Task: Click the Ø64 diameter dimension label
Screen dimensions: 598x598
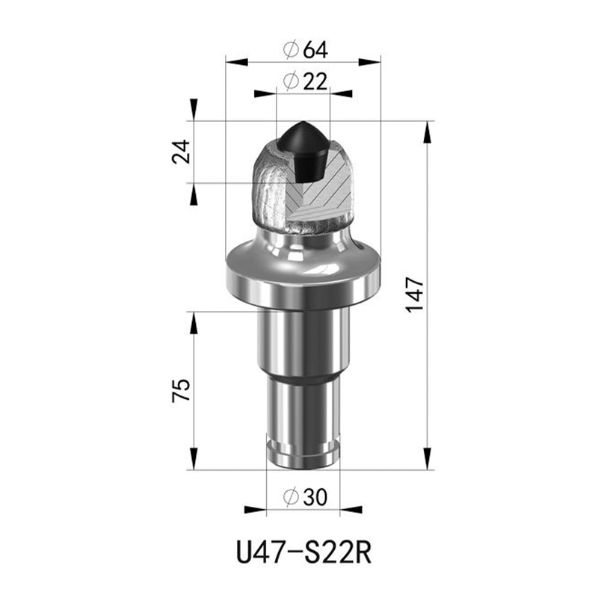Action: click(x=305, y=49)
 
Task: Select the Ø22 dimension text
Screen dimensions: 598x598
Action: click(x=305, y=81)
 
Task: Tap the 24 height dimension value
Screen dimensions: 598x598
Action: click(x=181, y=152)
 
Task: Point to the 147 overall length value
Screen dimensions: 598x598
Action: click(x=415, y=295)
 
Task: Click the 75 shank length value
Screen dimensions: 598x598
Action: click(x=181, y=389)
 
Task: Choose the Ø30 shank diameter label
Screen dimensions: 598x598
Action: click(x=305, y=497)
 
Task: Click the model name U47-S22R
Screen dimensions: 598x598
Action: click(x=303, y=552)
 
